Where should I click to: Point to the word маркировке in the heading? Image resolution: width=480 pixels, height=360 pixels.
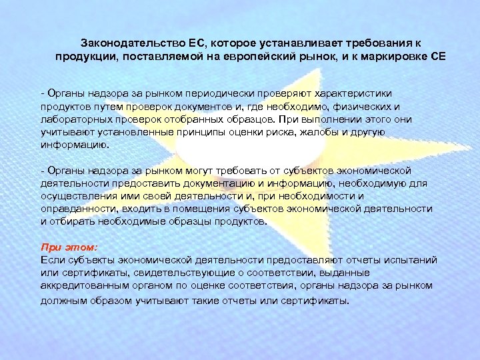pos(392,56)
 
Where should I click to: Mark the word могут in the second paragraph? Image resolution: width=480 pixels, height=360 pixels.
pos(205,170)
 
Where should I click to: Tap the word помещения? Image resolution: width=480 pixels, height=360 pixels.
pos(198,209)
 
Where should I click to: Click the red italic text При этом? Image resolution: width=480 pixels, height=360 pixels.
pos(69,247)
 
